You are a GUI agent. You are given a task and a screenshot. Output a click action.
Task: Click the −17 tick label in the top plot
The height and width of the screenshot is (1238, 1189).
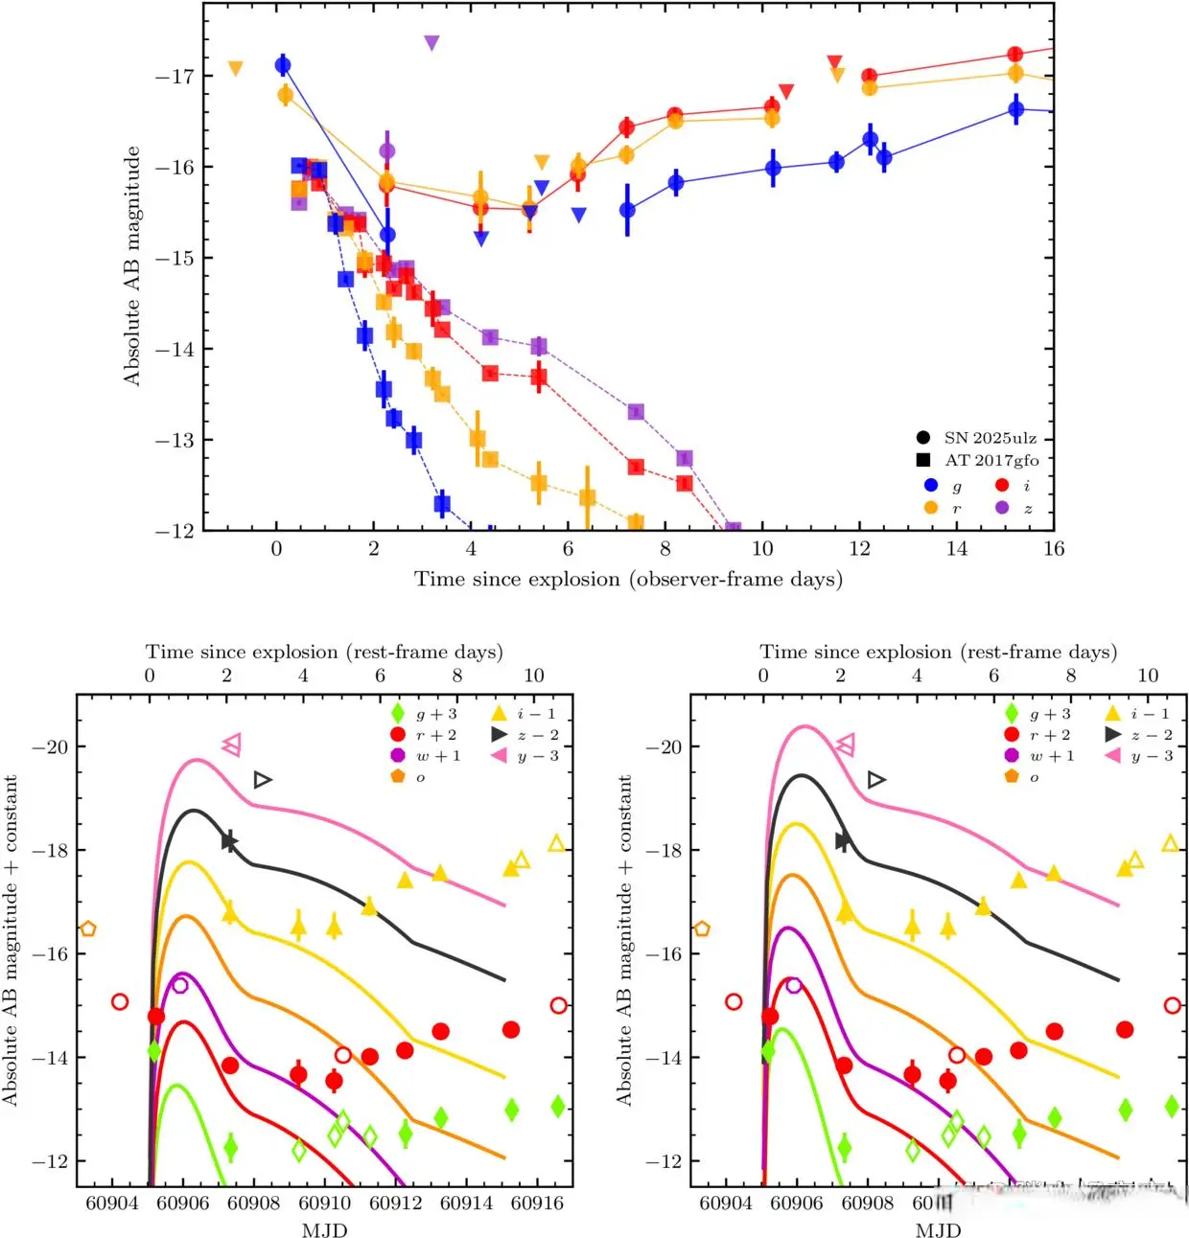pos(175,76)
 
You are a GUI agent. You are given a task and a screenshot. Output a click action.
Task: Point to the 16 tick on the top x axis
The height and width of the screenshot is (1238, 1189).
pos(1054,549)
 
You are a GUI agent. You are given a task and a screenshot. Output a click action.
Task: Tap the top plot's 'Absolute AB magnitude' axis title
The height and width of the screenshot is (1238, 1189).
pos(131,266)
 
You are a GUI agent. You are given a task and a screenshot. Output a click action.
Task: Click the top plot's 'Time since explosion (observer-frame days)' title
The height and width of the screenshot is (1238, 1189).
pos(628,580)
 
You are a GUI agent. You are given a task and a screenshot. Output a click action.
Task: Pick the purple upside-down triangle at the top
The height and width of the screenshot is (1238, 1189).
pos(431,42)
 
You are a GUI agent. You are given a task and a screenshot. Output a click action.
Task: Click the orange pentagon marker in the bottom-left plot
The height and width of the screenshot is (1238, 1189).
pos(88,928)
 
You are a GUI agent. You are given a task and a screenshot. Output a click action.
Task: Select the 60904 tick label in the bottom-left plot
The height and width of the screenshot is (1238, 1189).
pos(112,1204)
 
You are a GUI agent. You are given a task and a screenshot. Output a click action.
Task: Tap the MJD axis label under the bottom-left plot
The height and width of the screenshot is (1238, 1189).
pos(324,1230)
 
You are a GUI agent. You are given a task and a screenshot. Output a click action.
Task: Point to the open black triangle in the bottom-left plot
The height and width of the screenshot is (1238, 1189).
pos(263,780)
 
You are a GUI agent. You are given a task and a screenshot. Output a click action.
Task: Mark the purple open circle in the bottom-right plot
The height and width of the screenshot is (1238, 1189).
pos(793,985)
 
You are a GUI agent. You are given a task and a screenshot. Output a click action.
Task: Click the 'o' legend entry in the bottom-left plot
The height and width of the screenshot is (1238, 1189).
pos(419,777)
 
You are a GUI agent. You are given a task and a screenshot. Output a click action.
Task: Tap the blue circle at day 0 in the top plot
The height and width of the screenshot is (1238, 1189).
pos(283,65)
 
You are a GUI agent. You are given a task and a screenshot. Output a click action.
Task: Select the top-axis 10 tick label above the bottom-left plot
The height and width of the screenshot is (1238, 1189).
pos(534,676)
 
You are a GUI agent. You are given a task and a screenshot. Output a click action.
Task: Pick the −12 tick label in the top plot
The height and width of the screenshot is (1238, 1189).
pos(175,531)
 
